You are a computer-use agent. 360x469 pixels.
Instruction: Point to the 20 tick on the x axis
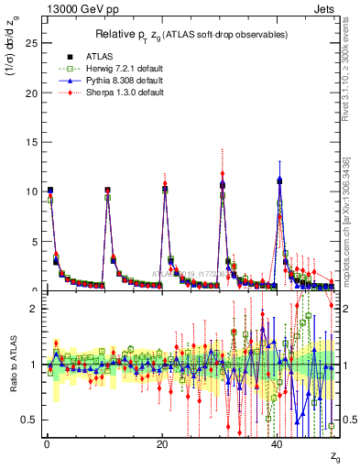[161, 445]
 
